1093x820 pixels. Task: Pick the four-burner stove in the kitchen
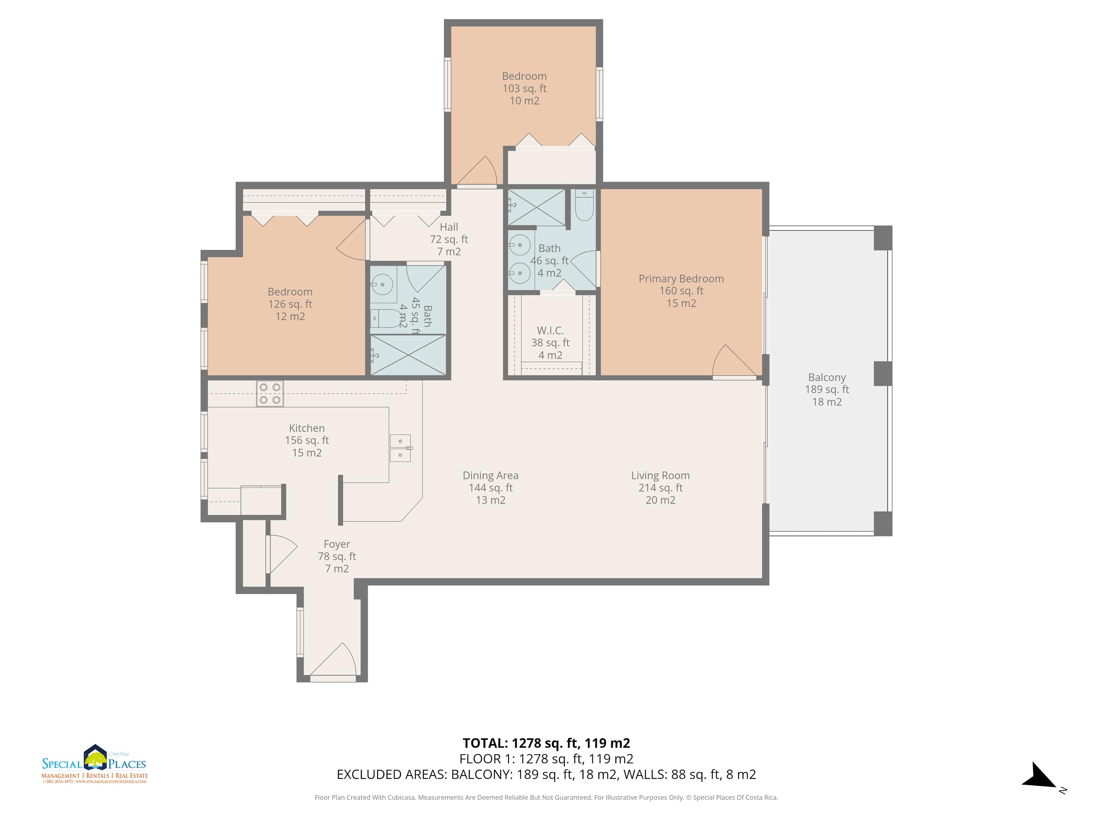[x=270, y=394]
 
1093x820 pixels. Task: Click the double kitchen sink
[x=401, y=448]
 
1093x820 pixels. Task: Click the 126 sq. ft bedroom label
[x=290, y=304]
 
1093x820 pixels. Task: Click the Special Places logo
[x=94, y=764]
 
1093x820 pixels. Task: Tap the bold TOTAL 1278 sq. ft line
[x=546, y=743]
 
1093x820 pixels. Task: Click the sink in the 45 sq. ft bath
[x=382, y=285]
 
